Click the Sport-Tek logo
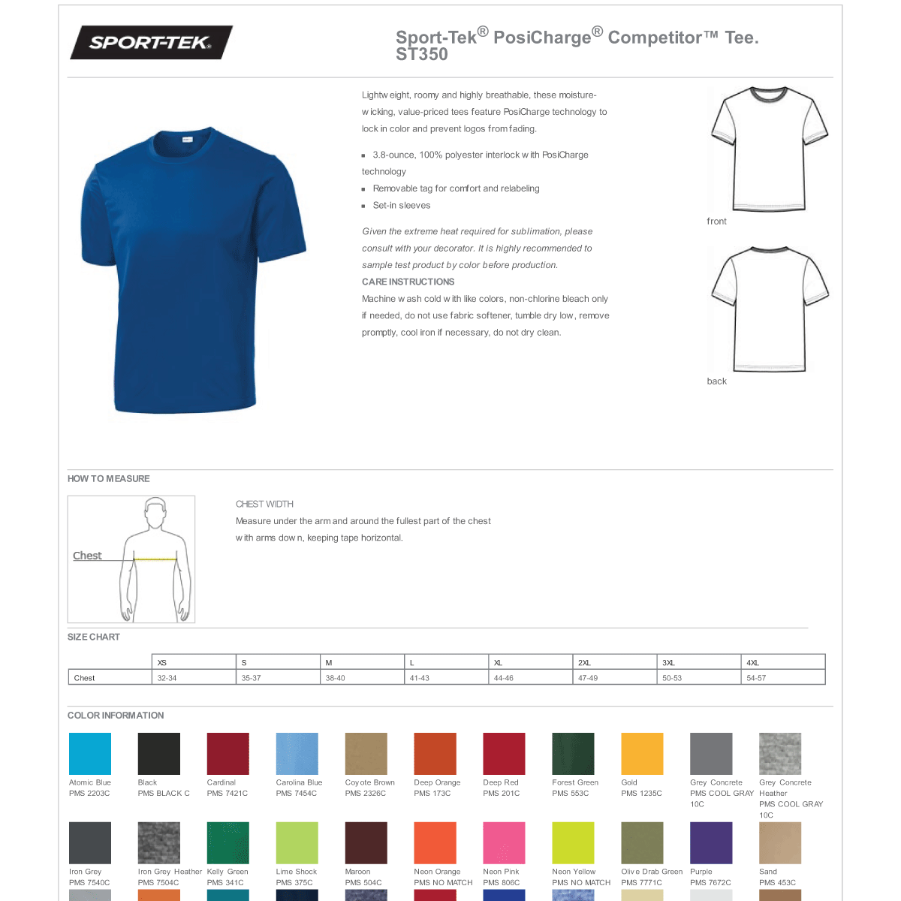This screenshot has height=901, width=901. pos(151,43)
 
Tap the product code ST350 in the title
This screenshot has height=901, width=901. pos(422,55)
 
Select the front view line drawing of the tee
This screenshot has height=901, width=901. pos(768,149)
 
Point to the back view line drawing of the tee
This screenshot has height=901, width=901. pos(769,309)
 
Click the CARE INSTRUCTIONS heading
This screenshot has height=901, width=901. pos(408,282)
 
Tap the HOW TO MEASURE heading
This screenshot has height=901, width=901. pos(109,479)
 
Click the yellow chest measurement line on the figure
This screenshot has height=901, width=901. pos(155,559)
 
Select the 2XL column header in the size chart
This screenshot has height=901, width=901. pos(584,663)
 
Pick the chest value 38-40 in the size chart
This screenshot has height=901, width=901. pos(336,678)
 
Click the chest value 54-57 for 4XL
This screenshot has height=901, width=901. pos(756,678)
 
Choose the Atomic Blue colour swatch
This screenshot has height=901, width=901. pos(90,754)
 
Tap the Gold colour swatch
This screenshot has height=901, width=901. pos(642,754)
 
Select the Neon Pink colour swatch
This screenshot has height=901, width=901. pos(504,842)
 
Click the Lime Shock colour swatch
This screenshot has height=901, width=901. pos(297,842)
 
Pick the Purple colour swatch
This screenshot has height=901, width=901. pos(711,842)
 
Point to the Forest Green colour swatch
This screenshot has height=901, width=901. pos(573,754)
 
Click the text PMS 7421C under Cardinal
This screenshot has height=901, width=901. pos(228,794)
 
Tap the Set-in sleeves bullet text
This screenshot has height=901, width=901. pos(402,206)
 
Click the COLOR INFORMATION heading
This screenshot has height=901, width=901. pos(116,716)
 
